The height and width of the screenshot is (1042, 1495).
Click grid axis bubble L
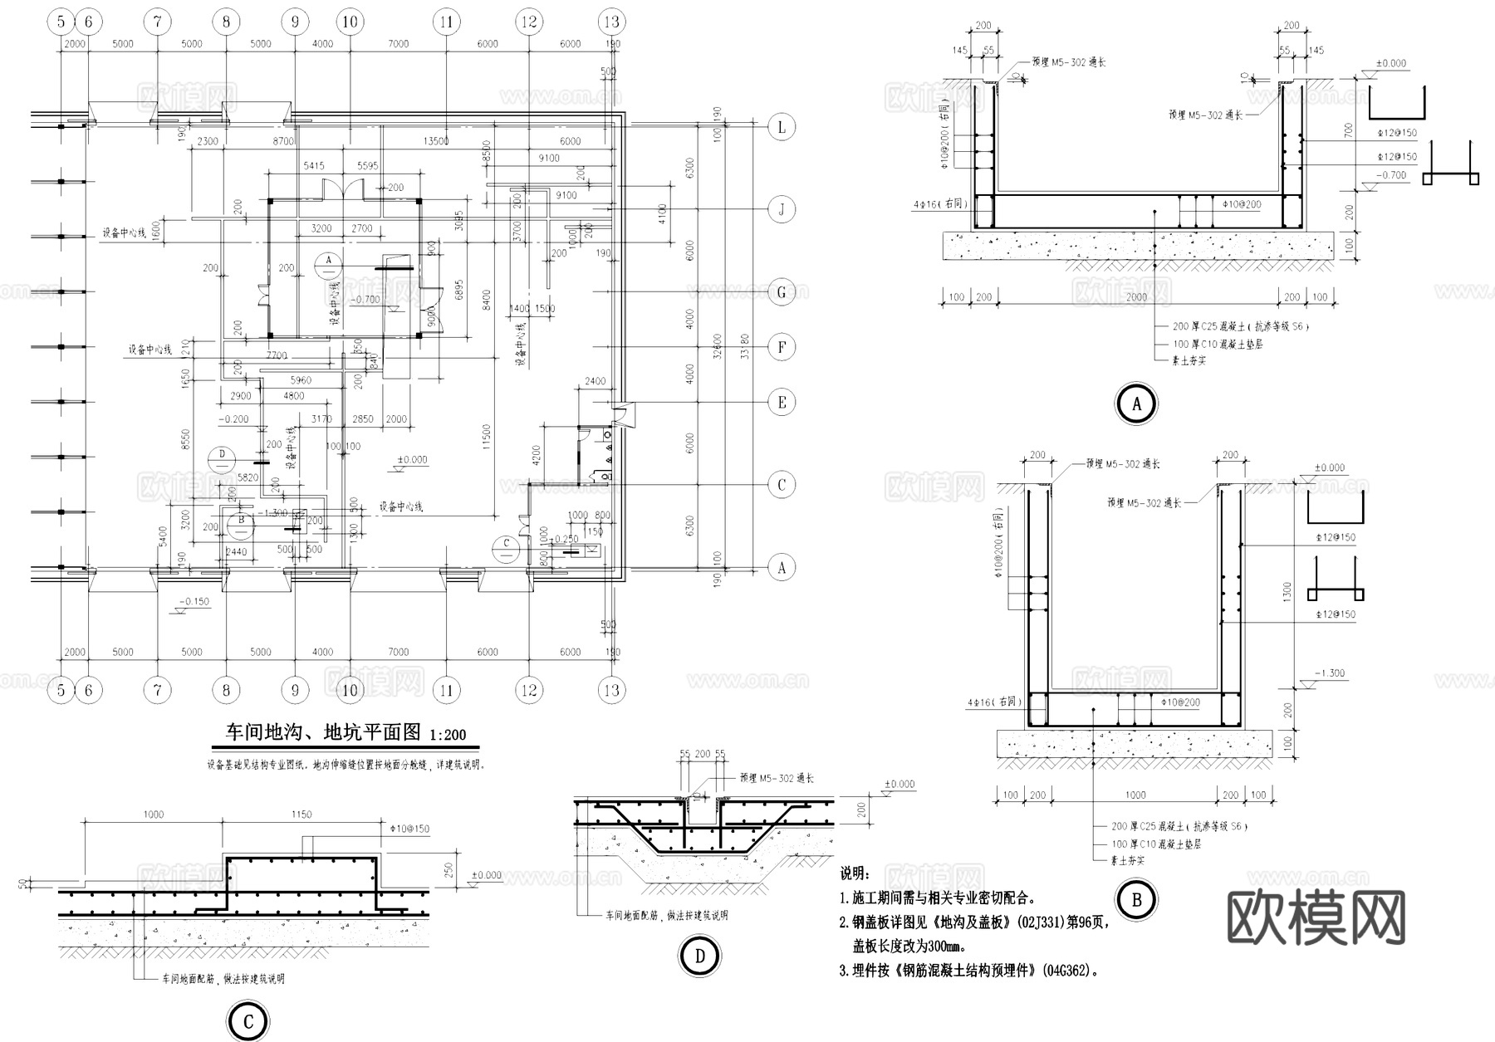[x=781, y=127]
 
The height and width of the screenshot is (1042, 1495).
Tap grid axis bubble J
[x=781, y=209]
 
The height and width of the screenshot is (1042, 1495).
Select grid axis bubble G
[x=781, y=292]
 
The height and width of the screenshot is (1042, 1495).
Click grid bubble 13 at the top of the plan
[x=611, y=22]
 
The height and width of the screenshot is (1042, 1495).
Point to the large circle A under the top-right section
[x=1136, y=404]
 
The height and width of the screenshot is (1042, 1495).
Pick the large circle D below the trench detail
[x=699, y=956]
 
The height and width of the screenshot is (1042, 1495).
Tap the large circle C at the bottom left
[x=248, y=1022]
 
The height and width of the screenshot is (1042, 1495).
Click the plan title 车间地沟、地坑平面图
[x=325, y=732]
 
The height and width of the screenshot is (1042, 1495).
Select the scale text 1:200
[x=448, y=735]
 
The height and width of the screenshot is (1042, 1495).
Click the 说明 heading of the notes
[x=855, y=873]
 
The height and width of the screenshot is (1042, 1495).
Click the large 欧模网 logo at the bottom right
[x=1316, y=917]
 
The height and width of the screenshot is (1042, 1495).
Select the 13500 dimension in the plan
[x=436, y=141]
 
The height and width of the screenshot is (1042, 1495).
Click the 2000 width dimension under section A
[x=1136, y=296]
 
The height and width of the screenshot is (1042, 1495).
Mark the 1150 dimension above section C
[x=301, y=815]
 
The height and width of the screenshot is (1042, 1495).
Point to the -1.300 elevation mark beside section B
[x=1330, y=673]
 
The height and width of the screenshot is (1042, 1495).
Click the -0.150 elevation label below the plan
[x=196, y=601]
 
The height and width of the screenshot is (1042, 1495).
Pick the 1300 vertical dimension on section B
[x=1287, y=591]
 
